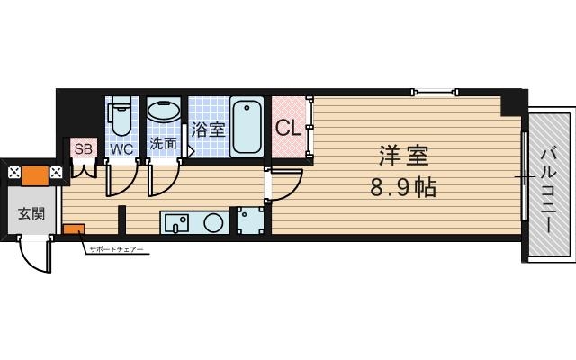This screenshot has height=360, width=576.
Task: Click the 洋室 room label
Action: [401, 155]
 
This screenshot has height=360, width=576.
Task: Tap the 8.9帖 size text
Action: [402, 189]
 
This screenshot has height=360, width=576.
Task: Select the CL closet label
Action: [288, 128]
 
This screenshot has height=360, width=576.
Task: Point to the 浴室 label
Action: [208, 129]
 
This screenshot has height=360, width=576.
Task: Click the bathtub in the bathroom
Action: [246, 127]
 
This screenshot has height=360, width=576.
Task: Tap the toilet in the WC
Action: [120, 118]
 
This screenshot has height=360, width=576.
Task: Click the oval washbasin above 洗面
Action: [163, 113]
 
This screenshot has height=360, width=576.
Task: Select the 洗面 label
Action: [163, 143]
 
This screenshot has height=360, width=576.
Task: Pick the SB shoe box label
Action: [83, 148]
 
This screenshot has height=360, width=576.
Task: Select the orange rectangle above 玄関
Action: [36, 174]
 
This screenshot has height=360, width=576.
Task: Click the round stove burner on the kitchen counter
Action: [214, 222]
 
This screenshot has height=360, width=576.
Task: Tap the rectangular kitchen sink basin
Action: [176, 221]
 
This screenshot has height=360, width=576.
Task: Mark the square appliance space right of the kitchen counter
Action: [250, 221]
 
